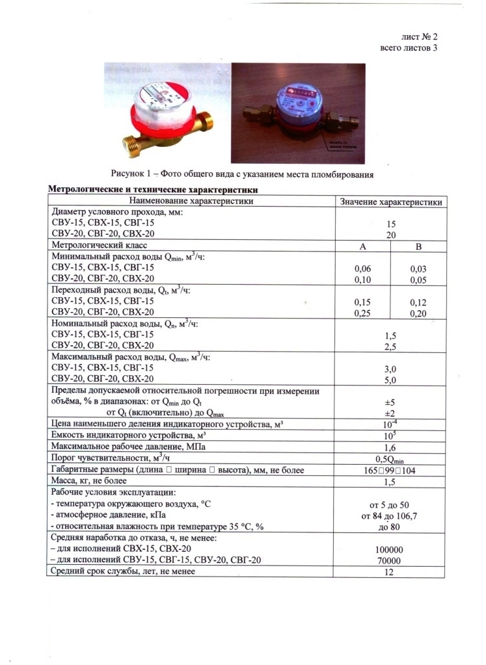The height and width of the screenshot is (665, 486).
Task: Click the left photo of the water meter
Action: pos(167,112)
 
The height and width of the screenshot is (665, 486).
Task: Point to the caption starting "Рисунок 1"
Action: pos(242,174)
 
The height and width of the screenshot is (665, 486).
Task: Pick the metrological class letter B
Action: pos(419,246)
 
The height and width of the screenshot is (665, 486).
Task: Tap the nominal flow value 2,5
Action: pos(391,347)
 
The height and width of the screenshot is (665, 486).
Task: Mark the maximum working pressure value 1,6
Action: pos(391,447)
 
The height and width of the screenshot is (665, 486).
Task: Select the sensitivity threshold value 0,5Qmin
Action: pos(391,459)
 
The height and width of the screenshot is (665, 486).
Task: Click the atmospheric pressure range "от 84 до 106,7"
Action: pos(391,516)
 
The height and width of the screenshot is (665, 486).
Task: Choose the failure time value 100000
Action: pos(391,549)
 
